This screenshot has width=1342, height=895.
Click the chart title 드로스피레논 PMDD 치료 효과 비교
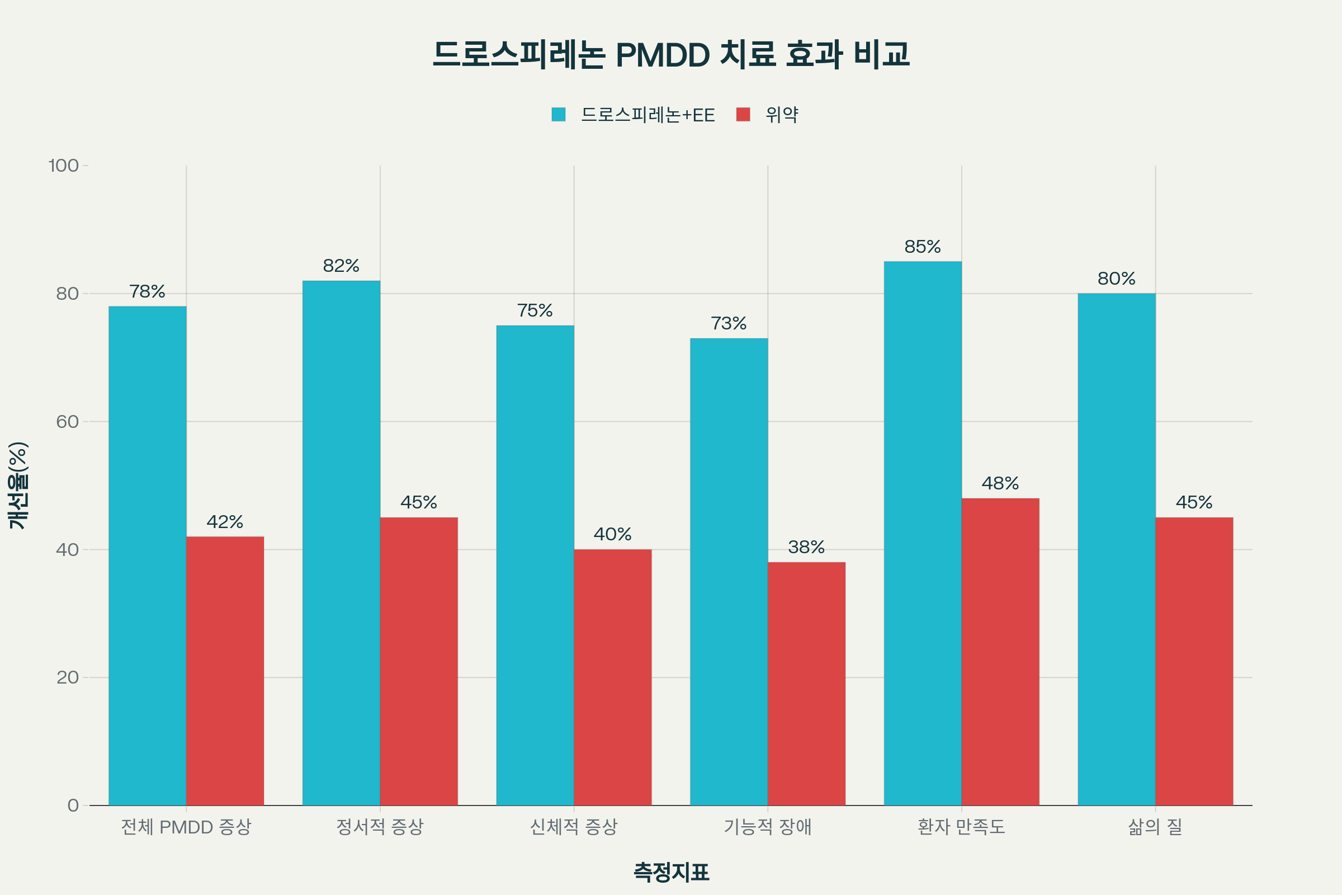pos(671,54)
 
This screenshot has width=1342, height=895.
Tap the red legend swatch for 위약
pos(743,114)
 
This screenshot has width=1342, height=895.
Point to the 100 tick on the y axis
pos(63,166)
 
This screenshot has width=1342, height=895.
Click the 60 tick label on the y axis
pos(67,422)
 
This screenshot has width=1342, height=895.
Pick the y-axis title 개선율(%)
pos(18,486)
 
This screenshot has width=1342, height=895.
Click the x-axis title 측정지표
pos(671,872)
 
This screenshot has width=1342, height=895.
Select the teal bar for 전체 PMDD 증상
pos(147,556)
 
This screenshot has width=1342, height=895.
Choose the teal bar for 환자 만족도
pos(923,533)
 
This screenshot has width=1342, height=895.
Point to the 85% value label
pos(923,247)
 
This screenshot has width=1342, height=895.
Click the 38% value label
pos(806,547)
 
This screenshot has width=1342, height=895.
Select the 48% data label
pos(1000,483)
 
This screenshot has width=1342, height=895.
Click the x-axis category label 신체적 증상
pos(574,827)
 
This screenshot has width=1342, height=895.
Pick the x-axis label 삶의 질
pos(1155,827)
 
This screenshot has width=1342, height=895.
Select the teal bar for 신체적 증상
pos(535,565)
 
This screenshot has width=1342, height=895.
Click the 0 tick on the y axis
pos(73,805)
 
